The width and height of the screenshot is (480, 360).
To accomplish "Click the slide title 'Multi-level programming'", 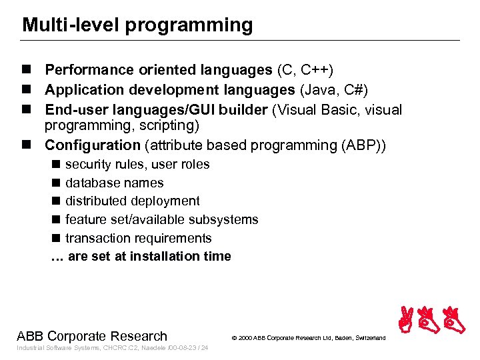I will (137, 25).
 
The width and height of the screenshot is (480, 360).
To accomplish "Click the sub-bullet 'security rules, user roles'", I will (137, 164).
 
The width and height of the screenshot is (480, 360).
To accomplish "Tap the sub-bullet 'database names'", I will (114, 183).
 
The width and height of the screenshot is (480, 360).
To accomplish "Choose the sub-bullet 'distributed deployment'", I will (132, 201).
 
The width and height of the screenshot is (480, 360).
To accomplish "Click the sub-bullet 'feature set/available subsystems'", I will (161, 219).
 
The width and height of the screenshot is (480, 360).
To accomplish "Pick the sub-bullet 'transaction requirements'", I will (138, 238).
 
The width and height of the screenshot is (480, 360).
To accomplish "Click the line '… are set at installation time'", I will (141, 256).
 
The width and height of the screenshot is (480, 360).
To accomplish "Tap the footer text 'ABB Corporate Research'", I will (92, 335).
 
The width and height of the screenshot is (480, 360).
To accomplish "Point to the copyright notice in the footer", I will (308, 338).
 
